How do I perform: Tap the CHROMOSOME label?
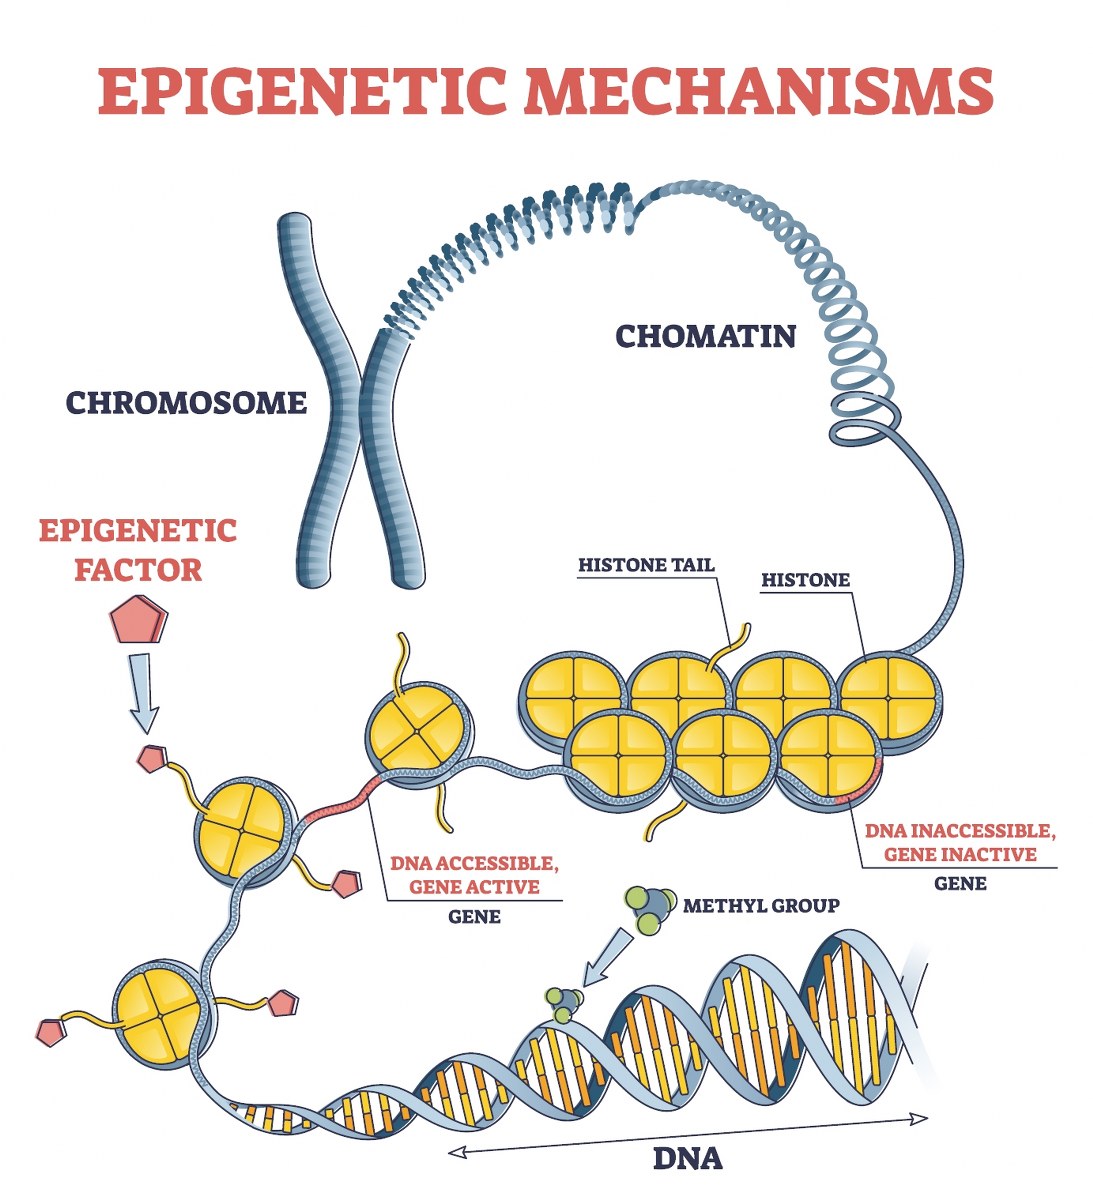(x=186, y=402)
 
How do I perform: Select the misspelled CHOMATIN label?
(x=705, y=335)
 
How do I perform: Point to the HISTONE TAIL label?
(x=646, y=565)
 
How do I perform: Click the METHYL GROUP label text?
(x=761, y=905)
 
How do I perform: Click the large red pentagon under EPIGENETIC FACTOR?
(x=138, y=620)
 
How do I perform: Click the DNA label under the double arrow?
(x=687, y=1158)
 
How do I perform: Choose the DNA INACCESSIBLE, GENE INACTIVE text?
(x=959, y=842)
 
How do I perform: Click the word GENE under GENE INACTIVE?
(x=959, y=883)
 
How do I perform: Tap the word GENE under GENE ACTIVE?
(x=474, y=915)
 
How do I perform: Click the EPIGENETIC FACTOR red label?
(x=138, y=549)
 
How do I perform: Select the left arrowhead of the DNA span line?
(x=456, y=1152)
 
